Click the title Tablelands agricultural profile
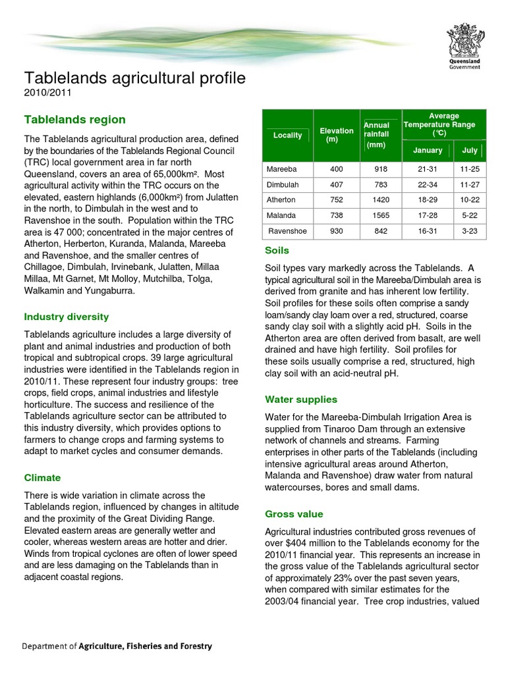click(134, 78)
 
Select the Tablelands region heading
click(74, 120)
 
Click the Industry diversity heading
click(66, 317)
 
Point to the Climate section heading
click(42, 478)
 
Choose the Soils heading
click(277, 251)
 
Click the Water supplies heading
click(300, 400)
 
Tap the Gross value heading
click(294, 514)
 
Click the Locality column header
click(287, 136)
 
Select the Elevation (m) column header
click(336, 136)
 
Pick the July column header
click(470, 151)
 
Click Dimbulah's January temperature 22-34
click(428, 185)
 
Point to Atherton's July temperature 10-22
click(470, 200)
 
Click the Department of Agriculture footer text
click(117, 646)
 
